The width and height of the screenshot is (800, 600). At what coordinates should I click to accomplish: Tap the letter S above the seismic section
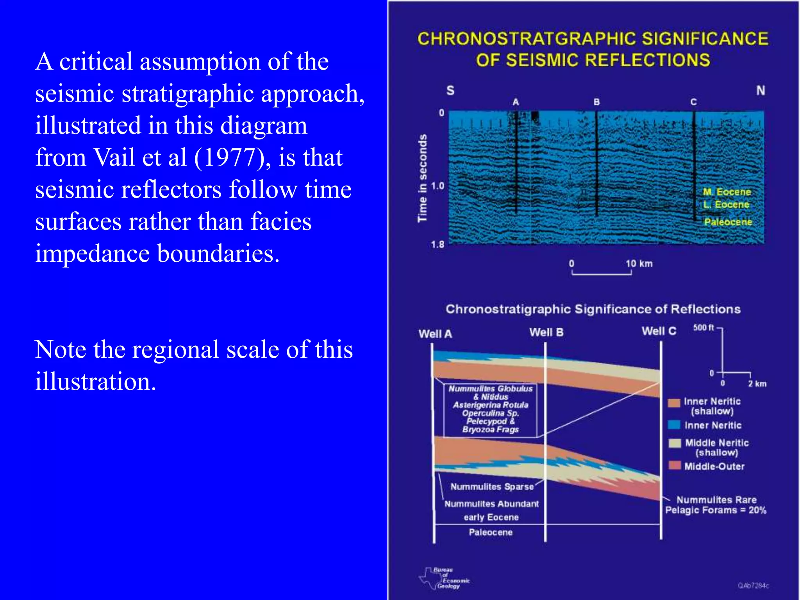tap(450, 91)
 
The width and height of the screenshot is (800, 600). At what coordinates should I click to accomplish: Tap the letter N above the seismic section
tap(760, 91)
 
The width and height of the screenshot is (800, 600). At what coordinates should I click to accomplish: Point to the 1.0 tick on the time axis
tap(438, 186)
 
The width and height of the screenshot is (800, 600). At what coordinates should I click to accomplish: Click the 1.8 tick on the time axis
tap(438, 245)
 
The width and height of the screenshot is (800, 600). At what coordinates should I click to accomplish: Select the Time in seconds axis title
tap(422, 178)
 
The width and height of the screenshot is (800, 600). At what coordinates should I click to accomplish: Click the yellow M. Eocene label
tap(727, 192)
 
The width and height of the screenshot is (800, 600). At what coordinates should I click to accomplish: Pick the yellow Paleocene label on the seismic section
tap(728, 222)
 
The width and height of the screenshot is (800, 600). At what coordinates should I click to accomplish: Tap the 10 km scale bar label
tap(639, 264)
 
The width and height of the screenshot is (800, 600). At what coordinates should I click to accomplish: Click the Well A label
tap(435, 334)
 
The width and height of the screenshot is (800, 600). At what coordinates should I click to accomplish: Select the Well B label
tap(546, 332)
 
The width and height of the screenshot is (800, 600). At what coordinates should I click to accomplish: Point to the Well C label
tap(659, 331)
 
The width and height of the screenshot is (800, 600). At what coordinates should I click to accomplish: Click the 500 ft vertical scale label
tap(704, 327)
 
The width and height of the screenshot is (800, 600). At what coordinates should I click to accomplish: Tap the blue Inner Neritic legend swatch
tap(674, 425)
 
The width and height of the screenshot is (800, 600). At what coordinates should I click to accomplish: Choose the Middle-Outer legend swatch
tap(674, 466)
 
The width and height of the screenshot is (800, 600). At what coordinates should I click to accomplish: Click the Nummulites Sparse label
tap(492, 487)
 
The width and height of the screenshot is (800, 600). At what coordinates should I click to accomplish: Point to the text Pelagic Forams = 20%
tap(716, 510)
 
